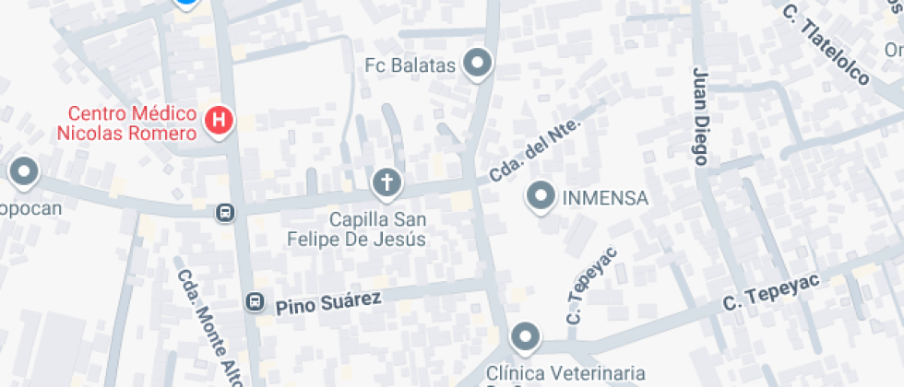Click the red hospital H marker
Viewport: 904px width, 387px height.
click(x=220, y=120)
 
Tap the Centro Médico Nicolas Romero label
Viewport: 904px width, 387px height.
click(x=127, y=123)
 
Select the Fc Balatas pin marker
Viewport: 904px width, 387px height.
click(x=478, y=64)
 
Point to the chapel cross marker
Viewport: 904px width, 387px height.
click(x=387, y=182)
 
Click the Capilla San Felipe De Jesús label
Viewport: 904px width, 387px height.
click(x=378, y=229)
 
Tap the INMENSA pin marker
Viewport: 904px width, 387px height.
click(x=540, y=195)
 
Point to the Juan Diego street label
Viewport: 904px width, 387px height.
click(x=701, y=116)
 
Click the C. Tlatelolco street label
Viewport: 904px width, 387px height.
click(x=826, y=44)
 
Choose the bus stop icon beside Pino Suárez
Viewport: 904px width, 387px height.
click(x=254, y=302)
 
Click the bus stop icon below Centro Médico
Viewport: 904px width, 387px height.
click(x=224, y=214)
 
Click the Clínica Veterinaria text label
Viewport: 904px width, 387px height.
click(x=565, y=373)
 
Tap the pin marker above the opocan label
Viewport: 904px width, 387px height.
click(x=23, y=171)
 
